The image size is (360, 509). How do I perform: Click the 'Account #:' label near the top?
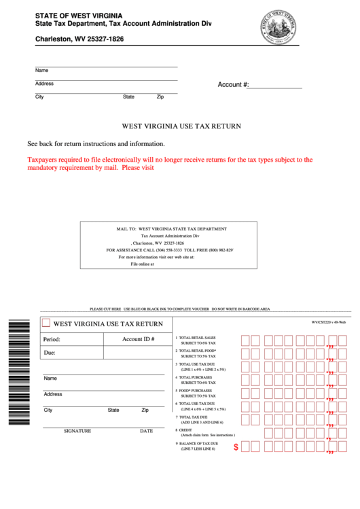(x=233, y=85)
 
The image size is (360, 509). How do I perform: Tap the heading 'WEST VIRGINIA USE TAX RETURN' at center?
(x=181, y=126)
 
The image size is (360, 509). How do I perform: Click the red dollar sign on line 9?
(x=236, y=447)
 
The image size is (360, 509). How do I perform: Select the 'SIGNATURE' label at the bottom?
(x=77, y=431)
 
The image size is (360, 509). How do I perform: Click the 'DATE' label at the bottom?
(x=146, y=431)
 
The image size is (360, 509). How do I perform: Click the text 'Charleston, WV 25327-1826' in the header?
(x=79, y=39)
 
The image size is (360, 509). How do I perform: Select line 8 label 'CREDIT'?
(x=185, y=430)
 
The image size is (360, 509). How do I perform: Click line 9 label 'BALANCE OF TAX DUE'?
(x=199, y=443)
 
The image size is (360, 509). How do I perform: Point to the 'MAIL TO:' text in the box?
(x=126, y=230)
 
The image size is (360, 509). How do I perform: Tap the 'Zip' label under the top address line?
(x=160, y=97)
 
